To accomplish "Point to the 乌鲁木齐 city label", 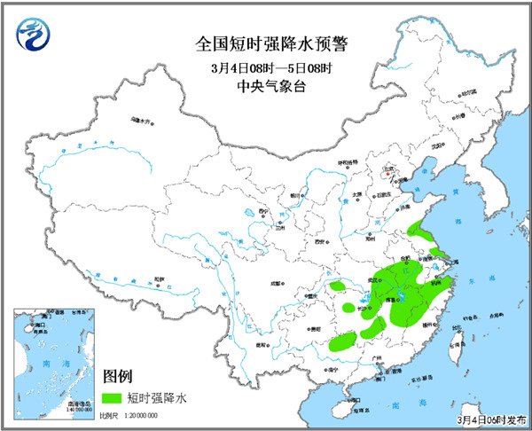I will tap(141, 118).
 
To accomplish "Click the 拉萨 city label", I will tap(159, 279).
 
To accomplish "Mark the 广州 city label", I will tap(379, 359).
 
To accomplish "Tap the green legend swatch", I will tap(114, 397).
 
